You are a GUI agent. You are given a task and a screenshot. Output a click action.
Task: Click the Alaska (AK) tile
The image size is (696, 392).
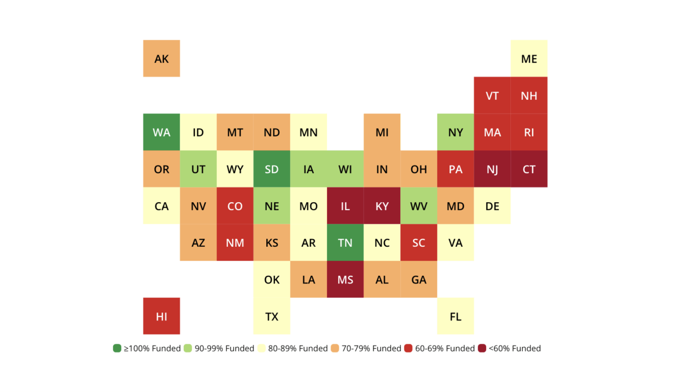(161, 59)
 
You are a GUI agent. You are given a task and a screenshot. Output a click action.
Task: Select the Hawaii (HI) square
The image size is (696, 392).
(161, 317)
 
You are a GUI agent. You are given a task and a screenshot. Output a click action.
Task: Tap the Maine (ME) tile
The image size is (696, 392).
(529, 59)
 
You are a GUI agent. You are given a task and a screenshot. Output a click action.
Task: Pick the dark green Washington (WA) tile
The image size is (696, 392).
(161, 132)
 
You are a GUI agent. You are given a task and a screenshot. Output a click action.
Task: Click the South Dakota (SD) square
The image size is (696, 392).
(271, 169)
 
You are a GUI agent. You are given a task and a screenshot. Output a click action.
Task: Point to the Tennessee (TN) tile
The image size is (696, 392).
(345, 243)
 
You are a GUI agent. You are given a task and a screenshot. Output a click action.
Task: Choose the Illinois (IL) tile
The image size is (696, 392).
(345, 206)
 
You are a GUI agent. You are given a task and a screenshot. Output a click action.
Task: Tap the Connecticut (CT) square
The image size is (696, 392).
(529, 169)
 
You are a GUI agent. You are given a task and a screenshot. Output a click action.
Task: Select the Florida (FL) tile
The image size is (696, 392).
(455, 317)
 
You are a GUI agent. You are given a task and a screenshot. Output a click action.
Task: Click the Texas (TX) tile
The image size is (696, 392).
(271, 317)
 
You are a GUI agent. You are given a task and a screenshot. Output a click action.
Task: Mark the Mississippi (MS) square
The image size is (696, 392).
(345, 280)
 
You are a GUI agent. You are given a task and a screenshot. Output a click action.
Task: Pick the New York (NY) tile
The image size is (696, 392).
(455, 132)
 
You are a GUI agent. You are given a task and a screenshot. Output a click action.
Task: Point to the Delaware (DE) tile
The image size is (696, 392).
(492, 206)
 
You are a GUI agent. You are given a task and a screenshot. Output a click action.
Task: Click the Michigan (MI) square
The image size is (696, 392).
(382, 132)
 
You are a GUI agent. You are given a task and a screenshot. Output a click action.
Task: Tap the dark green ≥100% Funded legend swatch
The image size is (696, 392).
(117, 348)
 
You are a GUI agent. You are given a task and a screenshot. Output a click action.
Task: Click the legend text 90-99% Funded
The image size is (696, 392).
(224, 348)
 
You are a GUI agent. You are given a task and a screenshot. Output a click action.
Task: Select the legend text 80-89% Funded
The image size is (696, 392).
(298, 348)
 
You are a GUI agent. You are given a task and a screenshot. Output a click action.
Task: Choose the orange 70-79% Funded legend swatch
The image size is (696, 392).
(335, 348)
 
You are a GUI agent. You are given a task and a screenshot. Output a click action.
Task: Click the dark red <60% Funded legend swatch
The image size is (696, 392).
(482, 348)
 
